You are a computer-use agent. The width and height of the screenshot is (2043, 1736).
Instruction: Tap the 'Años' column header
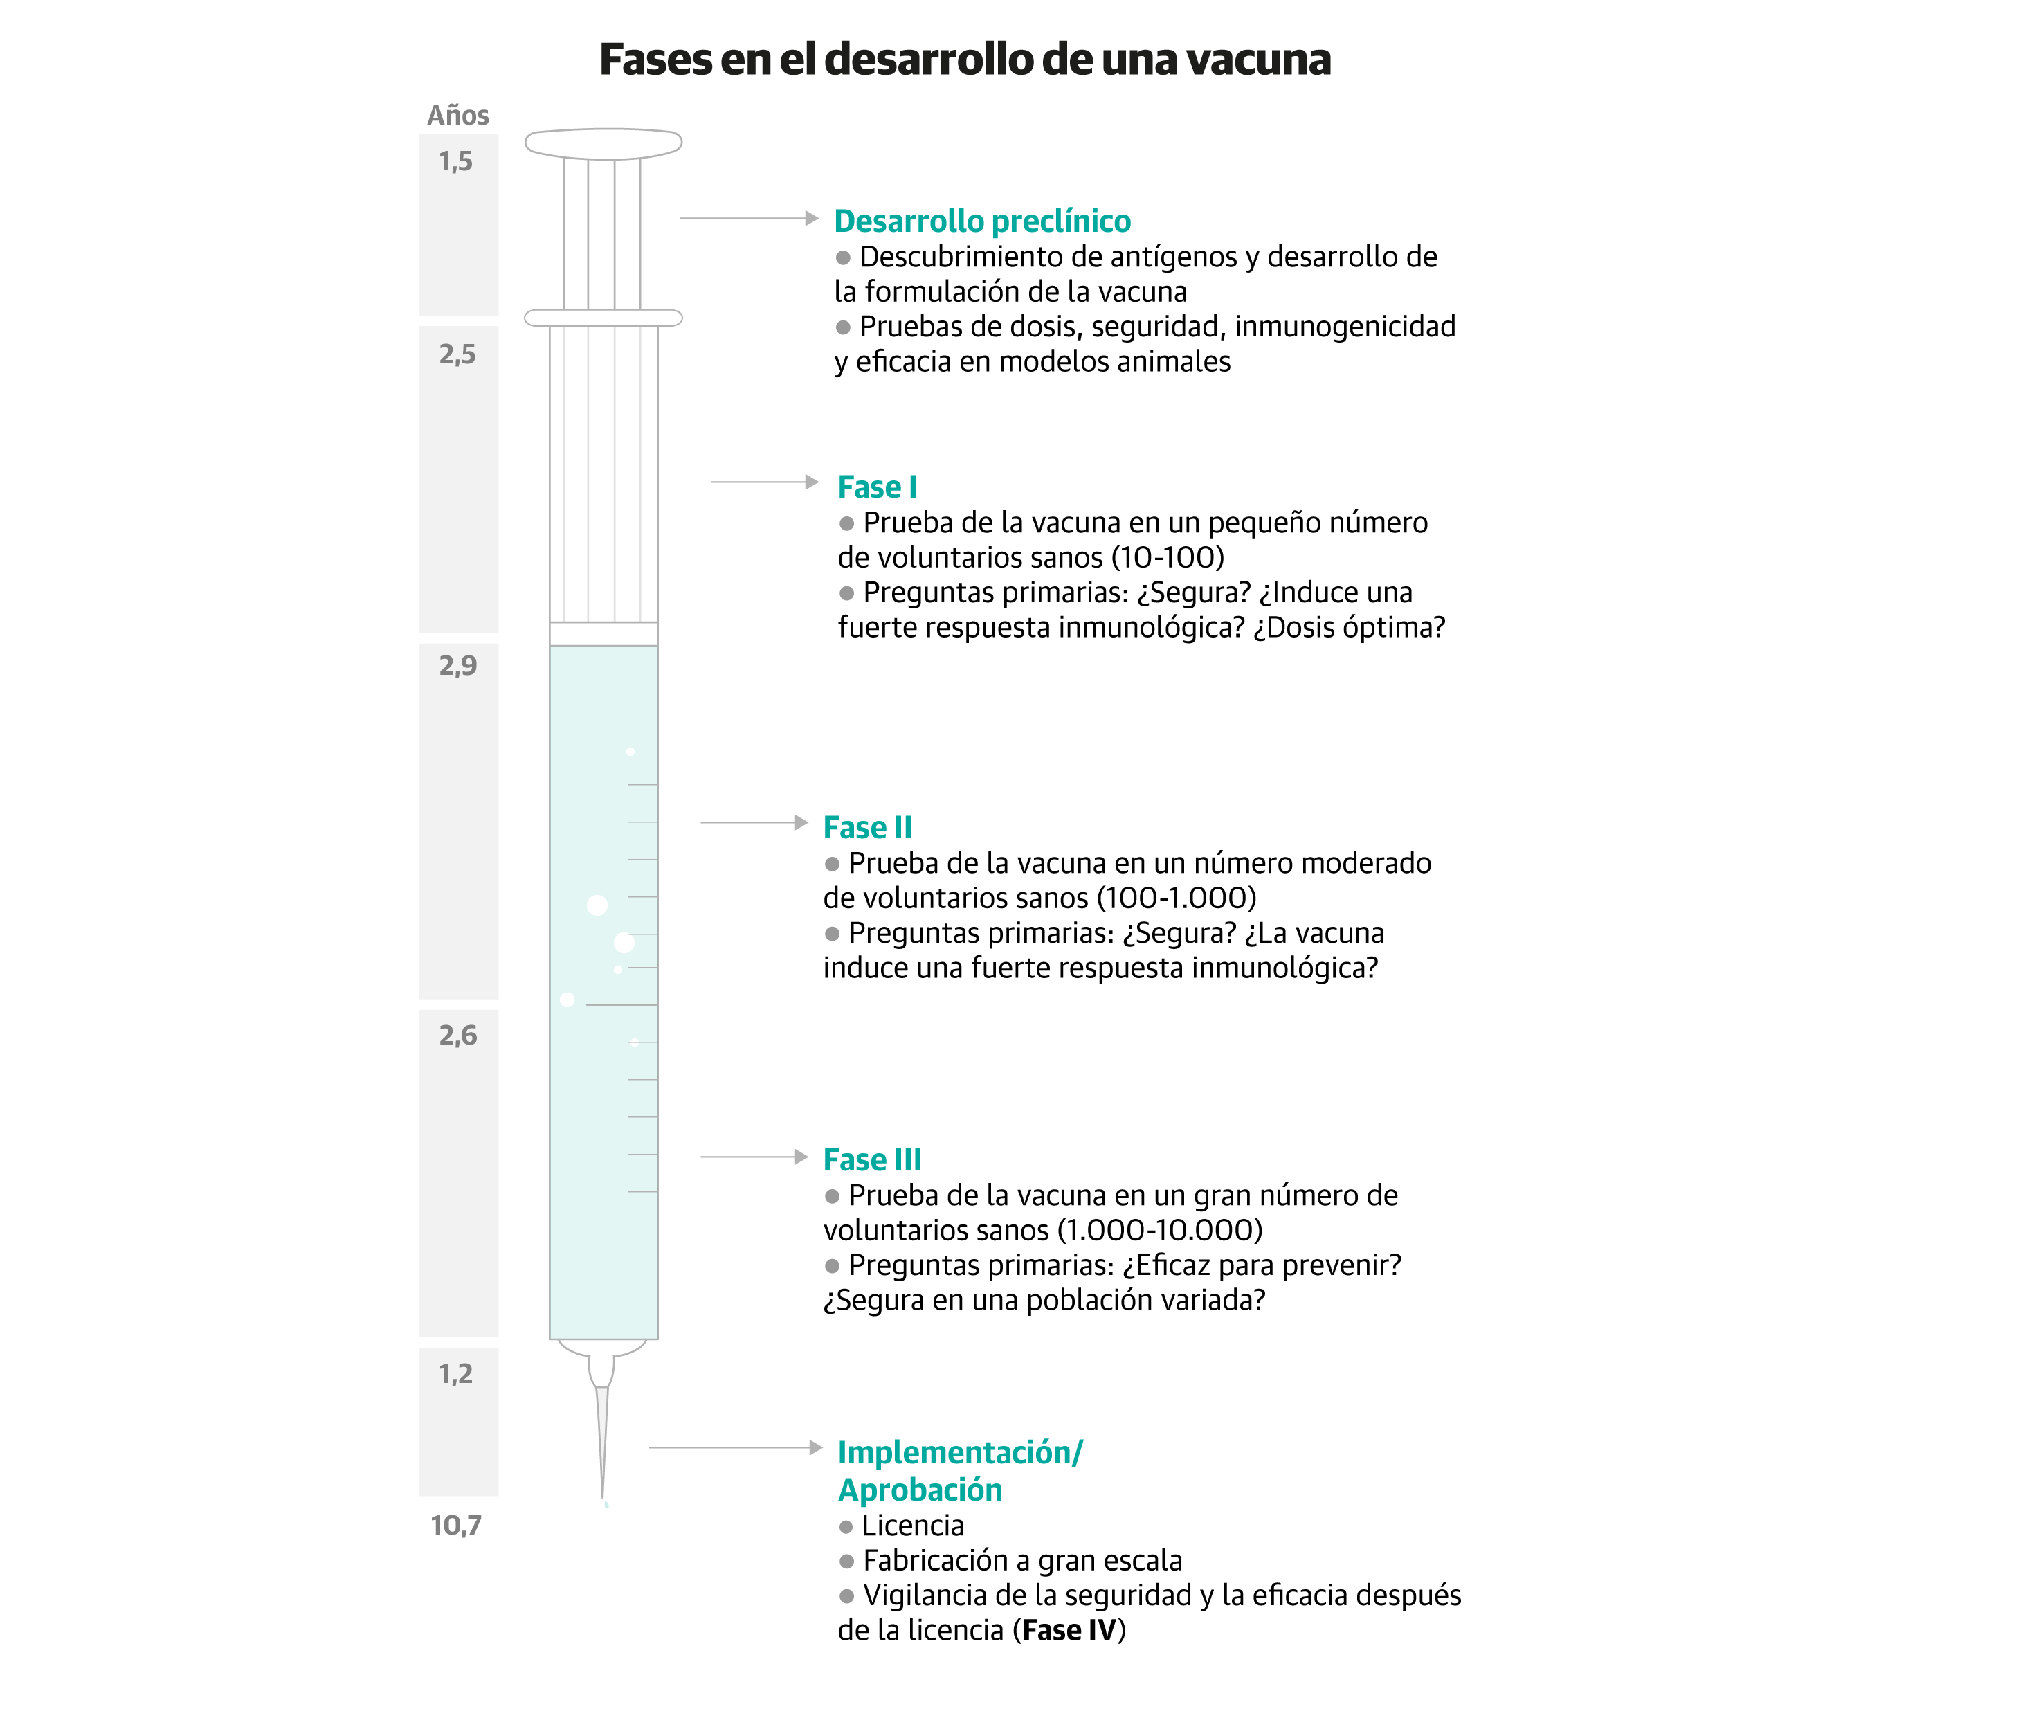point(457,115)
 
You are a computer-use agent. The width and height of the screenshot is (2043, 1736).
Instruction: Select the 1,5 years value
point(455,161)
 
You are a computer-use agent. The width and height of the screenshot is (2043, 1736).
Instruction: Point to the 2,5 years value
point(457,354)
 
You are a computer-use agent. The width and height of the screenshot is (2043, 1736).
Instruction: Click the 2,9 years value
point(457,665)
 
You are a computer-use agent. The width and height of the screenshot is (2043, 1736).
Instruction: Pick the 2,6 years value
point(457,1036)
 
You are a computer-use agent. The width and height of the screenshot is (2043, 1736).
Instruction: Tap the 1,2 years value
point(455,1374)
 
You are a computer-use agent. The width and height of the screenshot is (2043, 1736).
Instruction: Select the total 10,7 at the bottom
point(455,1526)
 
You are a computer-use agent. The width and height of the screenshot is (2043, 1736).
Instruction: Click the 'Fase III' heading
point(872,1159)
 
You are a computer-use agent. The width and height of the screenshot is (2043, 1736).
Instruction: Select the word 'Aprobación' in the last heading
point(919,1490)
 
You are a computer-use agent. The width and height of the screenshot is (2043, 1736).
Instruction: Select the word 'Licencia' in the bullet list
point(912,1526)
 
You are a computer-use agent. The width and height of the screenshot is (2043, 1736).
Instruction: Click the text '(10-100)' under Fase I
point(1167,557)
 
